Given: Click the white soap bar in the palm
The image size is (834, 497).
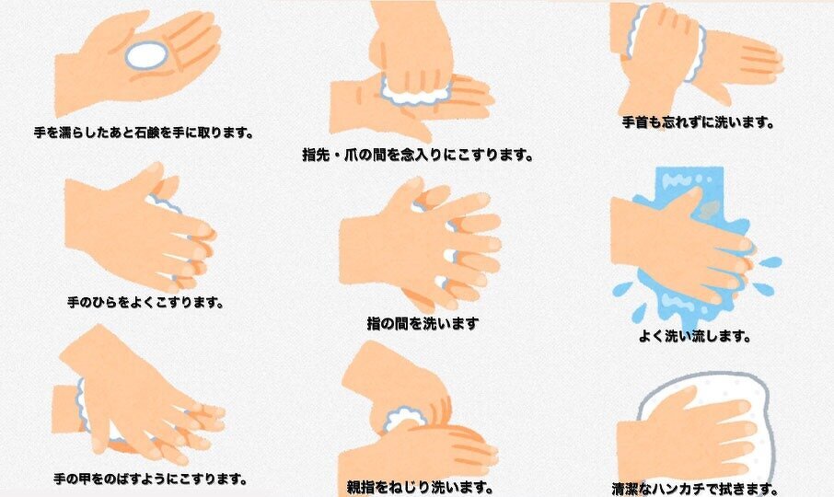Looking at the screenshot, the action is pyautogui.click(x=146, y=55).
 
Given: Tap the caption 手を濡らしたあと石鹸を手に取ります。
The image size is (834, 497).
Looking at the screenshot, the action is pyautogui.click(x=144, y=132).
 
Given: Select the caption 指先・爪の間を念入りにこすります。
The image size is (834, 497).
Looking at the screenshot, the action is pyautogui.click(x=418, y=155).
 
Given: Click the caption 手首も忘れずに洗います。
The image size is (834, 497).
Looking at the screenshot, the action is pyautogui.click(x=699, y=122).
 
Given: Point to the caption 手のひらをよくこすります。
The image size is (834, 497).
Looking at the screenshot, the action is pyautogui.click(x=145, y=303).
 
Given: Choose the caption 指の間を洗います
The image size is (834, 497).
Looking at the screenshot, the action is pyautogui.click(x=423, y=323).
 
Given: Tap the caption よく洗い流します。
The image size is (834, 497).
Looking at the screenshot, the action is pyautogui.click(x=695, y=336).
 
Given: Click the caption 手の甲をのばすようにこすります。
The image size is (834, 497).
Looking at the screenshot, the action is pyautogui.click(x=151, y=479).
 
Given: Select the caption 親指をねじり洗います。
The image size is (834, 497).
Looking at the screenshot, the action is pyautogui.click(x=420, y=487).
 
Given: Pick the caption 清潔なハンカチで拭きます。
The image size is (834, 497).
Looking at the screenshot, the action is pyautogui.click(x=695, y=489).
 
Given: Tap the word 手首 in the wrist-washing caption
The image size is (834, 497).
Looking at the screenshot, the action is pyautogui.click(x=635, y=122).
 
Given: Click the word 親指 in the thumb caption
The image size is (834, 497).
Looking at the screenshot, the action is pyautogui.click(x=360, y=487).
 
